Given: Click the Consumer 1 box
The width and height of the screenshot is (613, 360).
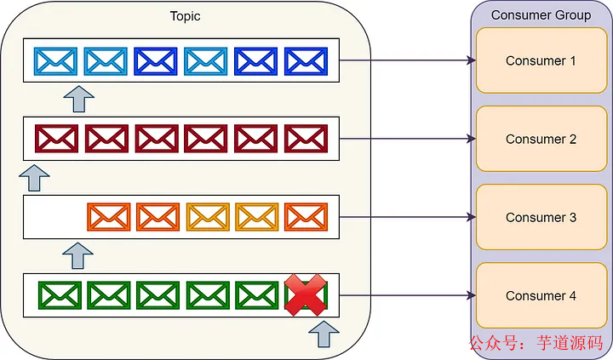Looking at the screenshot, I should pos(541,60).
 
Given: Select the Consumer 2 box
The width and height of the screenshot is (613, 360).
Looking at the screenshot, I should pos(541,139).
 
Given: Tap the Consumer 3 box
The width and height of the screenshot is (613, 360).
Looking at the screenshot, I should pos(541,217).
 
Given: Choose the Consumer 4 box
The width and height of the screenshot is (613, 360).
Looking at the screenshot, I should pos(541,295).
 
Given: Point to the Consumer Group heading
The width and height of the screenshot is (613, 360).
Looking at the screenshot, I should pos(541,15).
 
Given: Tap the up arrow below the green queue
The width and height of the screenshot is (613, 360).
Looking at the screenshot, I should pos(324,334).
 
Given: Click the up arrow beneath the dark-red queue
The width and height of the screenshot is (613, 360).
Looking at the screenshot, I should pos(34,177).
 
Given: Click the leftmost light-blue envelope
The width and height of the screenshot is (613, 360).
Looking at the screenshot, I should pos(56,60).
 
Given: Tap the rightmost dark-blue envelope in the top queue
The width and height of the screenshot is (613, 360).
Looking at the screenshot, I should pos(304,60).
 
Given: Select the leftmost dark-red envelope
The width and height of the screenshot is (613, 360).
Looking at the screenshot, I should pos(56,139).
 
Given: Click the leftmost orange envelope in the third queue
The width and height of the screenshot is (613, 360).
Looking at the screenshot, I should pos(108,217).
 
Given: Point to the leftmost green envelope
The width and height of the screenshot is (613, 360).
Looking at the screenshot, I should pos(59,295).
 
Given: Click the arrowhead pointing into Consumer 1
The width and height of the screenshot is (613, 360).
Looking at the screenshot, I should pos(469,60).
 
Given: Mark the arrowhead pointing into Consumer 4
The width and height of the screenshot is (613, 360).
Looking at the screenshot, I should pos(469,295).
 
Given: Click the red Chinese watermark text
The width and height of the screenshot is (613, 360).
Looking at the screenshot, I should pos(536,344).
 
